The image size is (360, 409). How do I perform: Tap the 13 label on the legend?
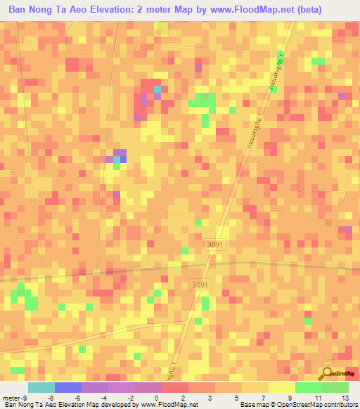pyautogui.click(x=345, y=397)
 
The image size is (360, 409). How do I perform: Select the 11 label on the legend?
pyautogui.click(x=319, y=397)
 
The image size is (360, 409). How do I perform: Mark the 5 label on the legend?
pyautogui.click(x=236, y=397)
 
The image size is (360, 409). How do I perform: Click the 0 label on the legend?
pyautogui.click(x=155, y=397)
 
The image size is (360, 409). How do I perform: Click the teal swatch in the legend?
pyautogui.click(x=41, y=387)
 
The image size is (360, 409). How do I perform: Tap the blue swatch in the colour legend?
pyautogui.click(x=67, y=387)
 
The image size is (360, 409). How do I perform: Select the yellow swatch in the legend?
pyautogui.click(x=281, y=387)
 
